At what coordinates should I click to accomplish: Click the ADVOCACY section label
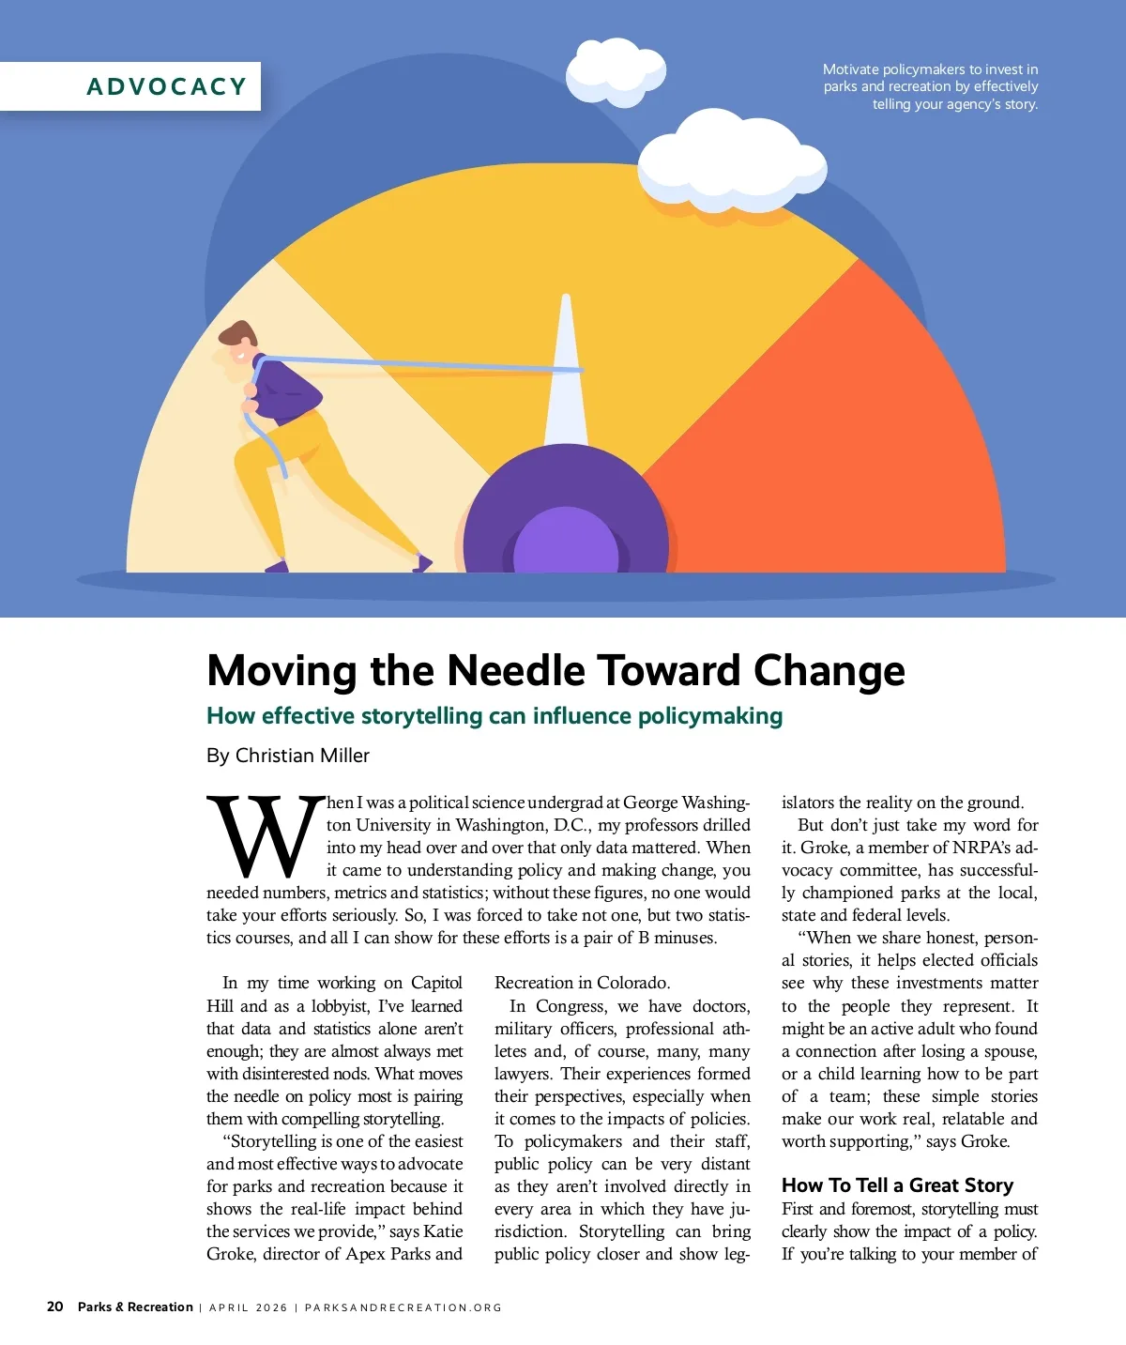(166, 86)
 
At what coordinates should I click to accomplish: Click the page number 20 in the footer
(55, 1307)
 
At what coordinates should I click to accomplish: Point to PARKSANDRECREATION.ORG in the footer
(403, 1307)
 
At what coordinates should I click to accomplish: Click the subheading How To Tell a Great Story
(897, 1185)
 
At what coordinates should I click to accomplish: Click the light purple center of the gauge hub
(565, 543)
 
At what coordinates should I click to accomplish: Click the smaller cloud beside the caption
(616, 71)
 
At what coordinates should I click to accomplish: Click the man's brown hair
(238, 333)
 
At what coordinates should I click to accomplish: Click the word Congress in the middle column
(571, 1006)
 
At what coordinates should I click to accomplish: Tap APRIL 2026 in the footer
(248, 1307)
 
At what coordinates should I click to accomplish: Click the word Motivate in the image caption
(851, 69)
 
